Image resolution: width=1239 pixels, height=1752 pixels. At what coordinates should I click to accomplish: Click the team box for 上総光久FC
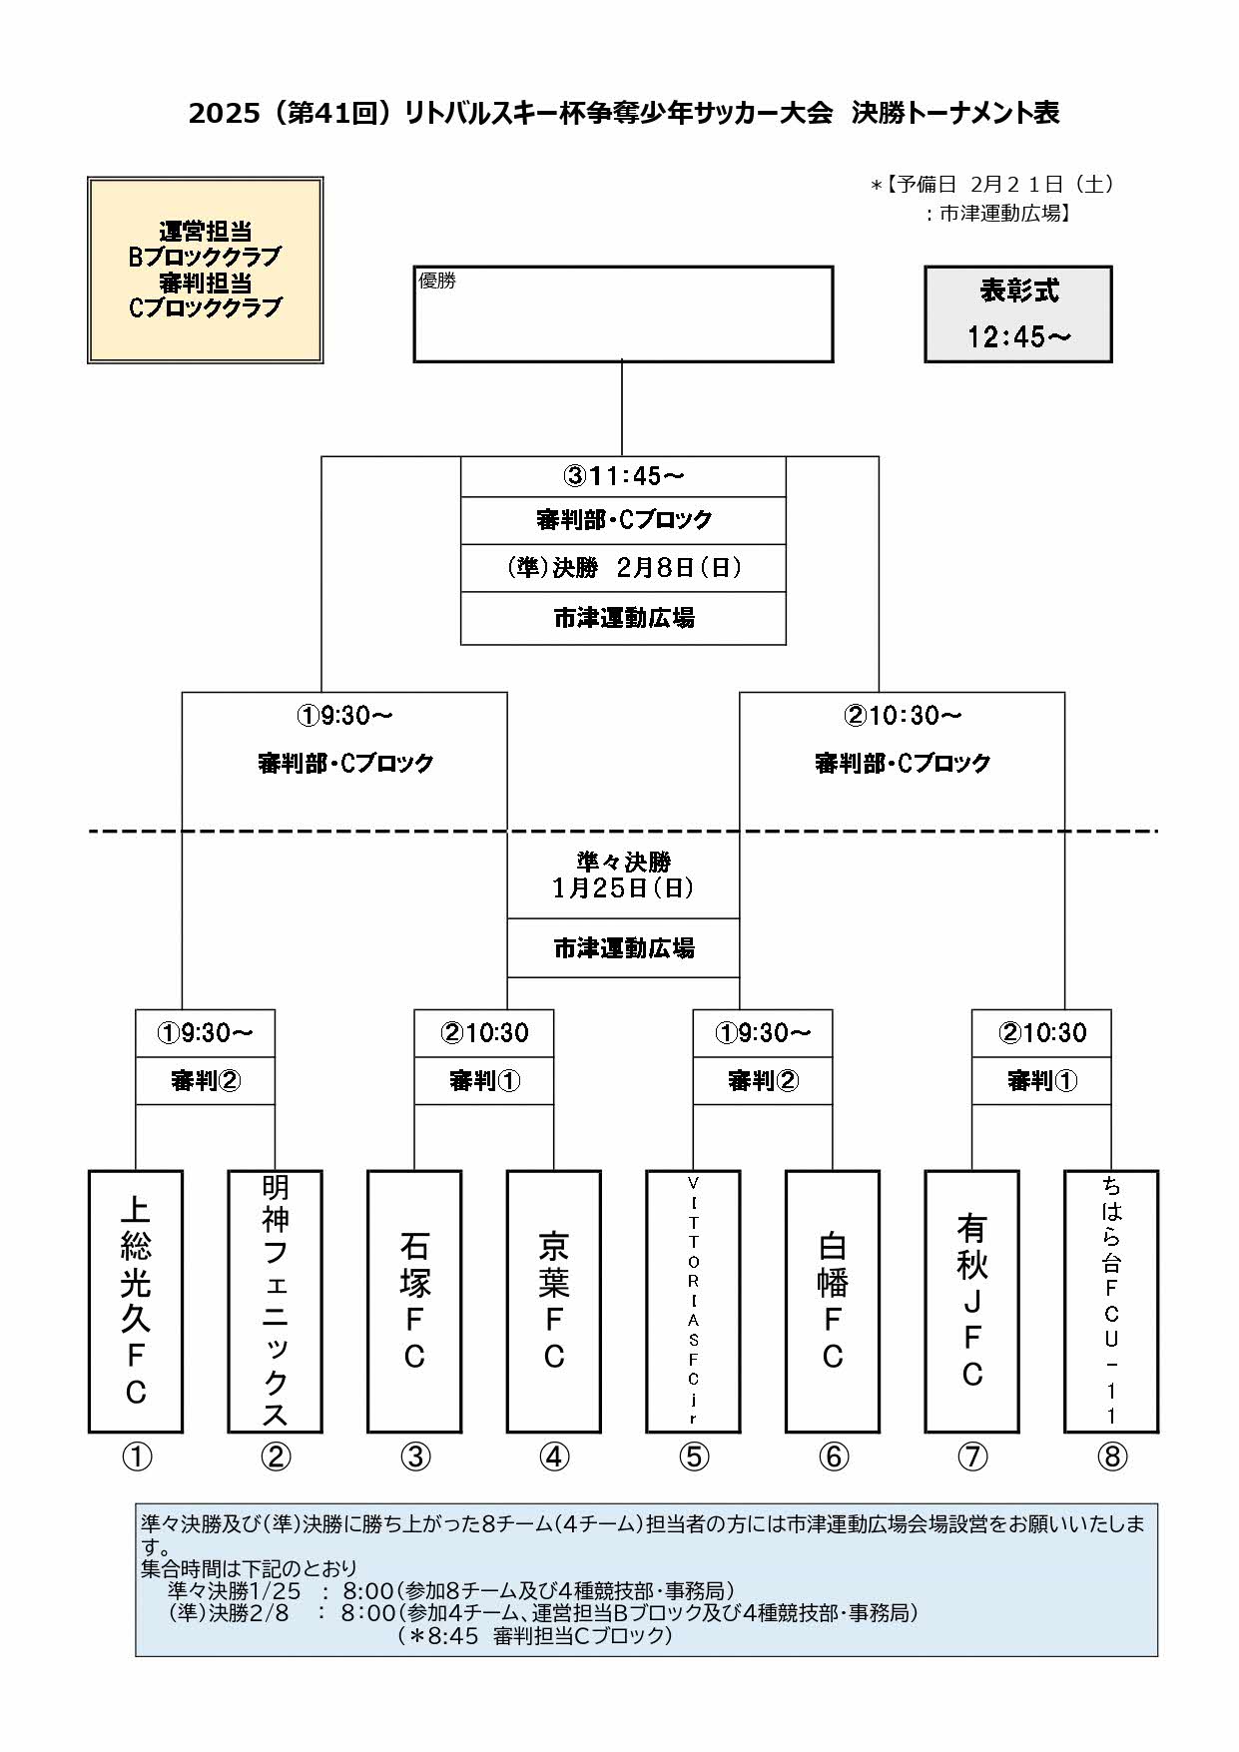pos(136,1301)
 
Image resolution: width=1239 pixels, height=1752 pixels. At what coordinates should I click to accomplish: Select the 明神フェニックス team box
pos(276,1301)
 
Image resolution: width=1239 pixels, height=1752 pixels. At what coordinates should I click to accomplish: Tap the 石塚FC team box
pos(414,1301)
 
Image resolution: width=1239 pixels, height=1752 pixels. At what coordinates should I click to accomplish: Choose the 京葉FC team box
pos(554,1301)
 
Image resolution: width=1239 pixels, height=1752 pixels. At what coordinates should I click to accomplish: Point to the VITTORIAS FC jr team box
pos(693,1301)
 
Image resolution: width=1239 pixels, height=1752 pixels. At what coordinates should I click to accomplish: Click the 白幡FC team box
pos(833,1301)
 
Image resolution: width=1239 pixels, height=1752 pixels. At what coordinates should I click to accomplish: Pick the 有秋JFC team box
pos(971,1301)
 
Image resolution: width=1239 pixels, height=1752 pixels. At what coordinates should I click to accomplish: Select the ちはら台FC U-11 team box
pos(1111,1301)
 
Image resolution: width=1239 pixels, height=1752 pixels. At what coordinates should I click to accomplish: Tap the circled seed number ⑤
pos(694,1458)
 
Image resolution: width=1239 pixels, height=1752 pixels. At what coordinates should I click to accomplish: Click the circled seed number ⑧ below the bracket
pos(1111,1458)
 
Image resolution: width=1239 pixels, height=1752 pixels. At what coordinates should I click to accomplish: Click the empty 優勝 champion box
pos(623,313)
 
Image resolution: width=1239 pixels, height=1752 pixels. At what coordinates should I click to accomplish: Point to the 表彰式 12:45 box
pos(1017,313)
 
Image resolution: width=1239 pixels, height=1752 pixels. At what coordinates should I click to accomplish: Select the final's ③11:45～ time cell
pos(623,476)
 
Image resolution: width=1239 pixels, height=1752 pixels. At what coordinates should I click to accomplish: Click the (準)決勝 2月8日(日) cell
pos(623,568)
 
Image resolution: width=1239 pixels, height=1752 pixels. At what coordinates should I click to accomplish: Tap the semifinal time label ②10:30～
pos(902,716)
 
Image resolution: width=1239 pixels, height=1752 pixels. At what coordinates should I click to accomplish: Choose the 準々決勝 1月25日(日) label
pos(623,875)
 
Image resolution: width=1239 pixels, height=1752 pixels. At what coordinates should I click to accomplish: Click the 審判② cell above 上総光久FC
pos(205,1080)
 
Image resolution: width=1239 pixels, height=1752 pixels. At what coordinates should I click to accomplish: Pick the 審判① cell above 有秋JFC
pos(1041,1080)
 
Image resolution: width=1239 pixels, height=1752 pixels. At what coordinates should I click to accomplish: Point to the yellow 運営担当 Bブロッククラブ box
pos(205,270)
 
